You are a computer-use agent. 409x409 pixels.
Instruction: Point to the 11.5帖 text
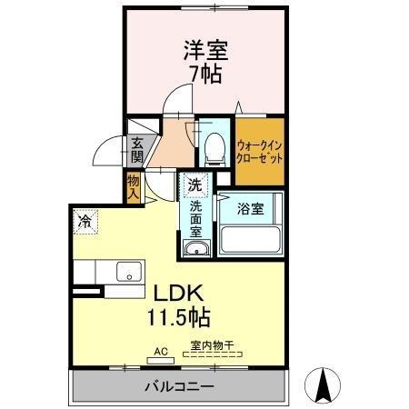(179, 317)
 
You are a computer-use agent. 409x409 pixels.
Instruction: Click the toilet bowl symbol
(214, 146)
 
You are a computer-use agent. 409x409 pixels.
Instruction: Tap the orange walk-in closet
(260, 149)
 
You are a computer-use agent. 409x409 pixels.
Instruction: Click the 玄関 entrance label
(137, 150)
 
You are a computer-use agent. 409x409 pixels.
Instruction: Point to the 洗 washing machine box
(194, 185)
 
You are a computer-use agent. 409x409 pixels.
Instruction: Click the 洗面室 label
(195, 217)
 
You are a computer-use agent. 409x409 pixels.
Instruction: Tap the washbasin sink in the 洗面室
(195, 248)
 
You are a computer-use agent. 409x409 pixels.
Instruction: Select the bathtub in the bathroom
(251, 241)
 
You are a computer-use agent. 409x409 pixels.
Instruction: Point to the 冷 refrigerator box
(85, 220)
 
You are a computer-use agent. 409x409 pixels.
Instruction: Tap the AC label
(160, 350)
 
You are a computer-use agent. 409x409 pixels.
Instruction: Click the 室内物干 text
(212, 345)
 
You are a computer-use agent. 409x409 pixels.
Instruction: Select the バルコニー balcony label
(178, 387)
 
